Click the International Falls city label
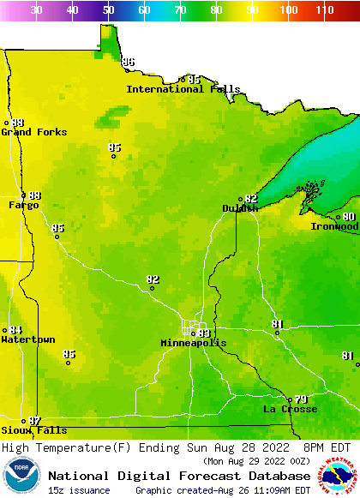click(x=177, y=89)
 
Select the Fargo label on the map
click(x=23, y=205)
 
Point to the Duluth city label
click(x=240, y=208)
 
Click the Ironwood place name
click(x=334, y=226)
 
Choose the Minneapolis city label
click(x=194, y=343)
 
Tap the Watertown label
click(x=27, y=340)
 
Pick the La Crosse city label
click(x=290, y=409)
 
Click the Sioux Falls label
click(x=33, y=430)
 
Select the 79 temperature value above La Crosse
click(x=301, y=399)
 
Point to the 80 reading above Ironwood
click(x=349, y=217)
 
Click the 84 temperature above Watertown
click(x=15, y=330)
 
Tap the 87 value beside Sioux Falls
click(x=34, y=421)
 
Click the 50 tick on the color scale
click(x=108, y=10)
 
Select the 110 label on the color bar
click(x=324, y=10)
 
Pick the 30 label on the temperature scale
click(x=36, y=10)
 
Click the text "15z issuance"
click(x=78, y=490)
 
